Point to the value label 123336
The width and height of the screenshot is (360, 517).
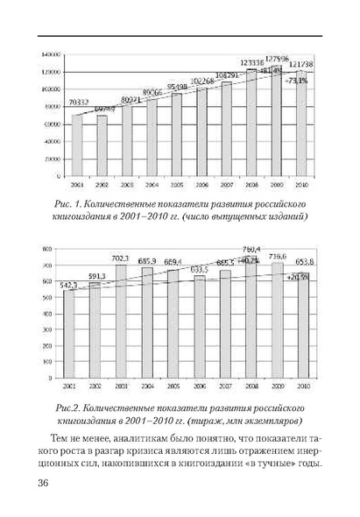[251, 63]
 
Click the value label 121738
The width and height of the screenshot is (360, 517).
[301, 64]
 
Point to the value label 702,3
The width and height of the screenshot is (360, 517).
[121, 258]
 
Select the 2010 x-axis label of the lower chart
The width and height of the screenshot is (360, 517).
[301, 386]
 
